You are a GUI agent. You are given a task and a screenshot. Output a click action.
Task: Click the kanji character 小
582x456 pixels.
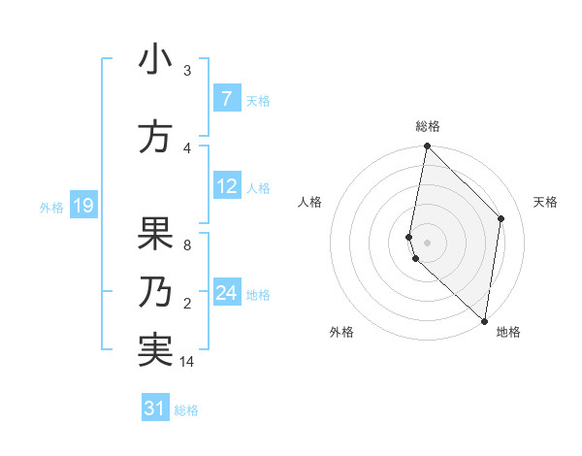click(155, 60)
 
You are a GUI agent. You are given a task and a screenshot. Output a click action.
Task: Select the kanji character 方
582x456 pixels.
click(155, 137)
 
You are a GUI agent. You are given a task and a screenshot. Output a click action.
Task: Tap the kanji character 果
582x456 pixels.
click(155, 232)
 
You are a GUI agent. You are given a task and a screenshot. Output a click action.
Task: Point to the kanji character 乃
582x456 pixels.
click(155, 292)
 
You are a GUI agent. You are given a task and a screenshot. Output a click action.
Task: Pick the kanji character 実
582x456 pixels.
click(155, 349)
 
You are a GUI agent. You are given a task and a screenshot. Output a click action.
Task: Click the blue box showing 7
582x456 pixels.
click(226, 99)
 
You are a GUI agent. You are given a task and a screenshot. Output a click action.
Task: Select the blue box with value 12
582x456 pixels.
click(226, 187)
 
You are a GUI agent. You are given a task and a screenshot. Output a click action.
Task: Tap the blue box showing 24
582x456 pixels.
click(226, 293)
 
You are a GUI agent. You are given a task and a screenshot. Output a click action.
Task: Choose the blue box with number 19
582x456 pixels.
click(82, 206)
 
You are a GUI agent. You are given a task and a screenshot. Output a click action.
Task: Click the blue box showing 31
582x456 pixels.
click(155, 408)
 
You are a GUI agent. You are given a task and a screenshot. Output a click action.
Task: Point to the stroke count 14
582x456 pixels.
click(188, 362)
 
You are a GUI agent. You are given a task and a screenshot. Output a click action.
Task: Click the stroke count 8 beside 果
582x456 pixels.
click(187, 244)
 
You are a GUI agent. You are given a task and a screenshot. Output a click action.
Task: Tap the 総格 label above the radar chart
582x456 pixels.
click(427, 126)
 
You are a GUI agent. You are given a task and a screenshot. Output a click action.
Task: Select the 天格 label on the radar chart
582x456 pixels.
click(545, 202)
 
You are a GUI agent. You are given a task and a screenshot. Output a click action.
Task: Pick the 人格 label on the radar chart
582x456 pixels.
click(309, 202)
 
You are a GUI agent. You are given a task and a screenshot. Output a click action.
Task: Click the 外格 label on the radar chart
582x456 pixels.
click(341, 332)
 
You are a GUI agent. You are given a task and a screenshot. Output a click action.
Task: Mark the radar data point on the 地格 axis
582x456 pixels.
click(484, 321)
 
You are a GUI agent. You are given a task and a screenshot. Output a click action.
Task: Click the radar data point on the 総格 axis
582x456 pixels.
click(427, 147)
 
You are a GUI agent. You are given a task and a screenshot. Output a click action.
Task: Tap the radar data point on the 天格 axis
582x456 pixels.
click(501, 218)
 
